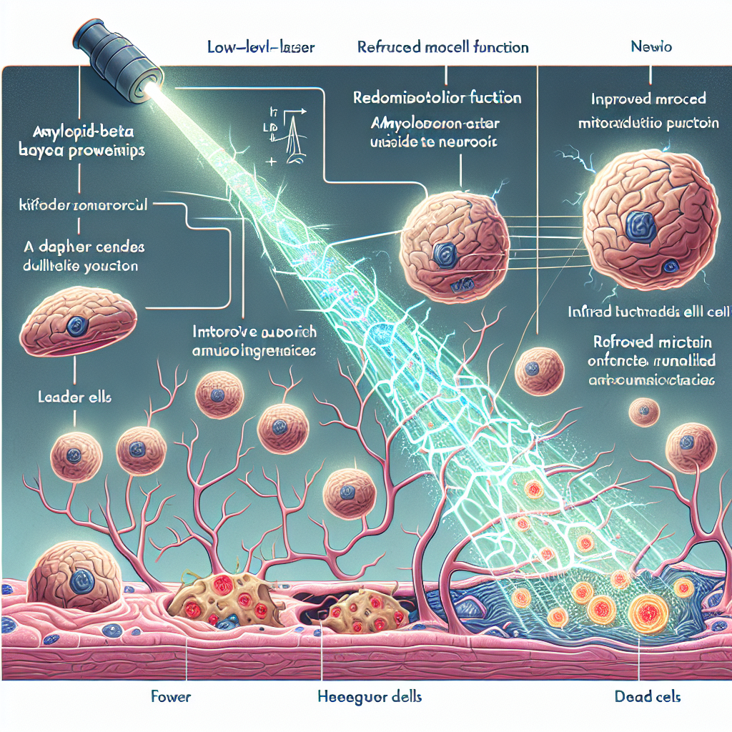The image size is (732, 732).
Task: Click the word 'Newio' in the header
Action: [x=651, y=48]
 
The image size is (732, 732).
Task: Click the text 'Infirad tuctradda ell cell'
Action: [x=647, y=312]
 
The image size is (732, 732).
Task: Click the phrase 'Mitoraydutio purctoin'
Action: [x=647, y=124]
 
